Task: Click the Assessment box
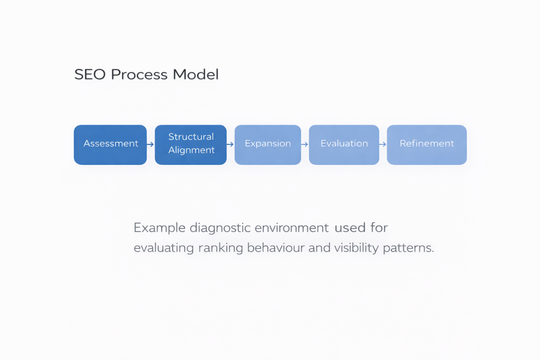coord(110,144)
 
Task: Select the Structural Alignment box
coord(190,144)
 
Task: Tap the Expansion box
coord(268,144)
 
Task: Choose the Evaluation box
coord(344,144)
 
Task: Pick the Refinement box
coord(427,144)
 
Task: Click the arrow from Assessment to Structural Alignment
coord(151,144)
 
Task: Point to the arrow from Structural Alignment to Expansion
coord(230,144)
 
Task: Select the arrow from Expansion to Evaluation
coord(305,144)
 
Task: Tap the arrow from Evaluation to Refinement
coord(383,144)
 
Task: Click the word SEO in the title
coord(90,75)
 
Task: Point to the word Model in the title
coord(196,75)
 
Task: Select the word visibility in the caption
coord(356,248)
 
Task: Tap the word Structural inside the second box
coord(191,137)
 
